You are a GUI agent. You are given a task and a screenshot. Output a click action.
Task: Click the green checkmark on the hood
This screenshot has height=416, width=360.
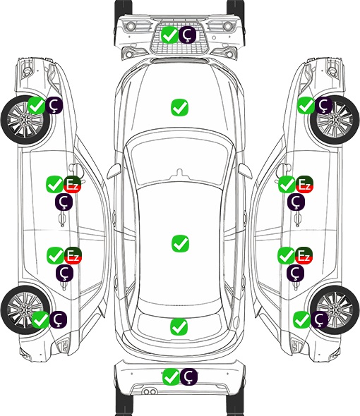pos(179,107)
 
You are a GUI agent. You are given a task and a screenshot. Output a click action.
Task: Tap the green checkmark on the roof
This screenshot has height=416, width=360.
pos(180,243)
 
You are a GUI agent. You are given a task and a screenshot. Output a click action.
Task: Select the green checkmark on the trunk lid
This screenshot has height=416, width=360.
pos(179,326)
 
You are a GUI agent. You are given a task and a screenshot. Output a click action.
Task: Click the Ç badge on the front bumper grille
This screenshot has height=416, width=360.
pos(187,35)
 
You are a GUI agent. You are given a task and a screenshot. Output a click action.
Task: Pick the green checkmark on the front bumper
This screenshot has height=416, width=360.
pos(169,35)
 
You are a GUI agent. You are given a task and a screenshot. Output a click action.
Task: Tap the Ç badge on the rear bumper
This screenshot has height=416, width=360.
pos(188,377)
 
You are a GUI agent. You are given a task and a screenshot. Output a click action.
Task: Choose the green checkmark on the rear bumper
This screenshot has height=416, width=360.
pos(171,377)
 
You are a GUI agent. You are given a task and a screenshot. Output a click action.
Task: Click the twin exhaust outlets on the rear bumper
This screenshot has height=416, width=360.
pos(150,391)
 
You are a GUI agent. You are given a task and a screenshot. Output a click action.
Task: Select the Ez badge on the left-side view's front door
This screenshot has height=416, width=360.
pos(72,185)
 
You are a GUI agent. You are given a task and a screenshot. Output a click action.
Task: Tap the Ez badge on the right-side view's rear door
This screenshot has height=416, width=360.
pos(304,255)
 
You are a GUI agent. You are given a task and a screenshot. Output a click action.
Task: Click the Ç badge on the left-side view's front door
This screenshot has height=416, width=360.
pos(64,202)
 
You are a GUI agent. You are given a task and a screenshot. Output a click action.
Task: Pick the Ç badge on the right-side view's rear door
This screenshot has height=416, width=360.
pos(295,273)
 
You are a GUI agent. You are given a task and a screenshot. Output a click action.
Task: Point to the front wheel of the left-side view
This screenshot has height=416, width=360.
pos(25,121)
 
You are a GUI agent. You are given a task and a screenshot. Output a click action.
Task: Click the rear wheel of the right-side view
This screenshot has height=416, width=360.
pos(335,310)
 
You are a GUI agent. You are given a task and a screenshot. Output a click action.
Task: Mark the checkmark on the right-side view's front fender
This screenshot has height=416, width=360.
pos(306,106)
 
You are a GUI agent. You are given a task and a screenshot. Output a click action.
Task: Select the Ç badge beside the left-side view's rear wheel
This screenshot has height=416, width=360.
pos(58,319)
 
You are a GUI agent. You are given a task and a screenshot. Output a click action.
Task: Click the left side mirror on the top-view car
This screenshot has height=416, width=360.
pos(114,171)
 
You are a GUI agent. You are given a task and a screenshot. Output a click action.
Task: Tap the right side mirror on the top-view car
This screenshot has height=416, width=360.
pos(245,171)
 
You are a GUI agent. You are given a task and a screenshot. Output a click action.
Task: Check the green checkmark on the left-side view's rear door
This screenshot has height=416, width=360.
pos(55,255)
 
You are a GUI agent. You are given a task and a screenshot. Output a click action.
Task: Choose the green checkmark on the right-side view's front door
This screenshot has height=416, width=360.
pos(287,185)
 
